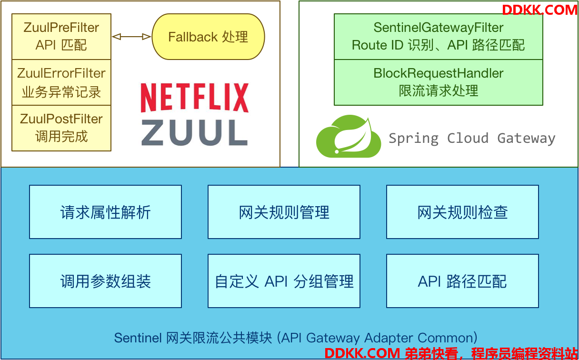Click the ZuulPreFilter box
tap(61, 37)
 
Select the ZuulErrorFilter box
tap(61, 82)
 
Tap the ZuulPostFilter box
tap(61, 128)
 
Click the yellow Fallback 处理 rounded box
tap(209, 37)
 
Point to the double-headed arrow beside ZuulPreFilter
tap(131, 37)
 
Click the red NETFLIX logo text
tap(195, 98)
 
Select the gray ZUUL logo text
tap(195, 132)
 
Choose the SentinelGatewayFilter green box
tap(439, 37)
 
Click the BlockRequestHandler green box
tap(439, 82)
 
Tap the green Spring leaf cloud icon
tap(349, 136)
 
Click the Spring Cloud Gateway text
tap(472, 139)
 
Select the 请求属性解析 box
tap(105, 212)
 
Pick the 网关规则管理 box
tap(284, 212)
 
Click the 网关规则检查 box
tap(463, 212)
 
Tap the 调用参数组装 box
tap(105, 281)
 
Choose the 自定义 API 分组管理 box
tap(284, 281)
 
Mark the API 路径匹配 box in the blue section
tap(463, 281)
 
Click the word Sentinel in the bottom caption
tap(138, 338)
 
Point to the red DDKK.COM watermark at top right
tap(539, 10)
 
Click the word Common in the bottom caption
tap(445, 338)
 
